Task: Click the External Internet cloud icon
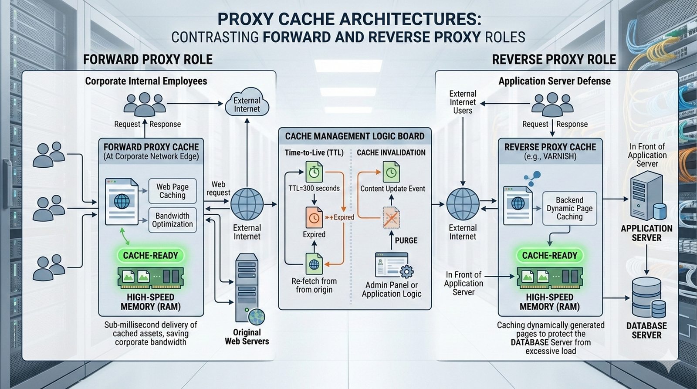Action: (x=247, y=103)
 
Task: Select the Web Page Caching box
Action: (x=173, y=191)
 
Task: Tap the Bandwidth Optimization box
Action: (x=173, y=220)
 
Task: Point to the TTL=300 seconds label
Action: (x=314, y=188)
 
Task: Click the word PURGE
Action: (x=406, y=240)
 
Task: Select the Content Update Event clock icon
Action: (x=391, y=172)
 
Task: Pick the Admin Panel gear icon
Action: (x=406, y=272)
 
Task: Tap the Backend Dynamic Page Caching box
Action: (x=569, y=208)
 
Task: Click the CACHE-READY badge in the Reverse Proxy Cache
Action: (x=549, y=256)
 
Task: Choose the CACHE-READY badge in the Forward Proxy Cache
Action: (x=151, y=256)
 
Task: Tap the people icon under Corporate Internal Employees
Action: (x=145, y=104)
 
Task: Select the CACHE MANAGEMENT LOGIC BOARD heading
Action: (x=355, y=136)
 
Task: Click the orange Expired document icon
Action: (x=314, y=217)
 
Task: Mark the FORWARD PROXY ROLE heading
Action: (x=148, y=60)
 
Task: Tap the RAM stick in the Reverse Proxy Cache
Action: (x=549, y=278)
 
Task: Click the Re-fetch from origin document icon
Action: (x=314, y=264)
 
